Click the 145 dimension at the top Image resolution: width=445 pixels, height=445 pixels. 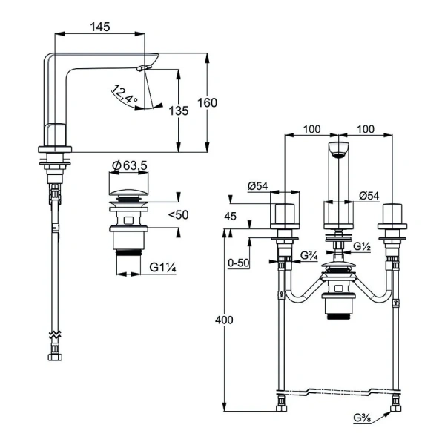click(x=101, y=27)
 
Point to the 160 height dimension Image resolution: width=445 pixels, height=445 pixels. click(x=208, y=103)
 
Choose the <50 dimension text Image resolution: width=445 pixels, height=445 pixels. click(x=179, y=214)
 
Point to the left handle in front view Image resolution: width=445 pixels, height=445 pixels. click(x=286, y=215)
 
